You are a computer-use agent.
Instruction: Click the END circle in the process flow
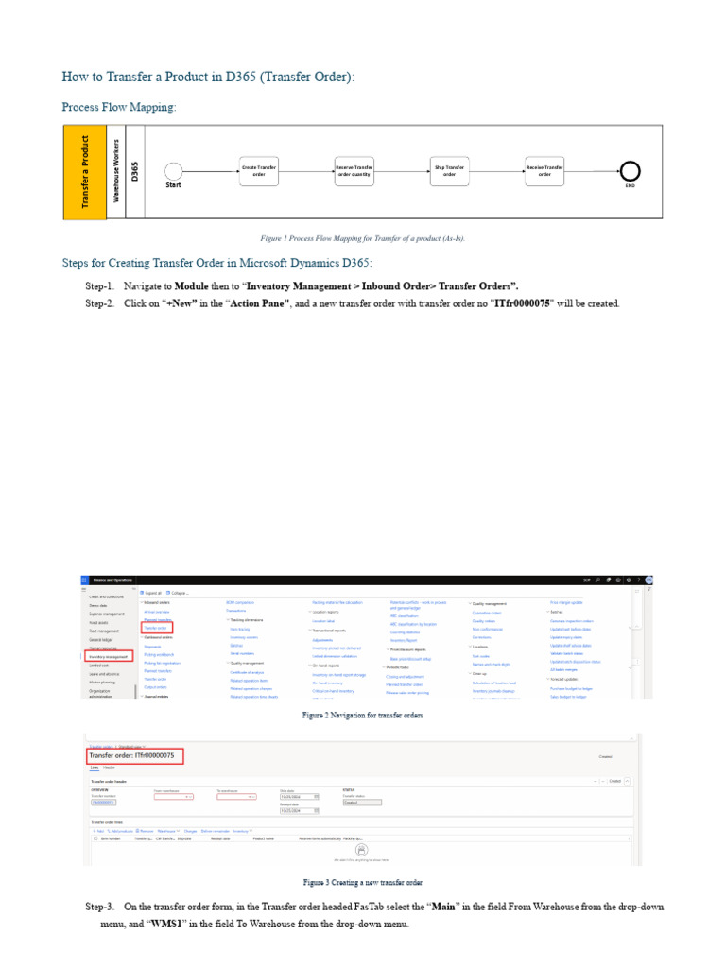click(630, 170)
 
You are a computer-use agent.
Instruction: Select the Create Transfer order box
click(259, 170)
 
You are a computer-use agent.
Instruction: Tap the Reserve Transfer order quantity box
click(354, 170)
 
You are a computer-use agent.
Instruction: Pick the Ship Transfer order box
click(449, 170)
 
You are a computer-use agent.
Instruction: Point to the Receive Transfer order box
click(544, 170)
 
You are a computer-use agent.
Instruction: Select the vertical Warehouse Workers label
click(116, 171)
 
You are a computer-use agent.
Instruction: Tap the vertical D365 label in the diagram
click(135, 171)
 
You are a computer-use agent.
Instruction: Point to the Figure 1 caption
click(363, 238)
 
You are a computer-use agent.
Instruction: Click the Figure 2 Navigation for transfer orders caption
click(363, 716)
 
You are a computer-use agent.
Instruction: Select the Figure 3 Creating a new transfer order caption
click(363, 882)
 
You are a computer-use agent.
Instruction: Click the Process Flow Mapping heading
click(119, 107)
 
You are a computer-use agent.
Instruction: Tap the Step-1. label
click(100, 285)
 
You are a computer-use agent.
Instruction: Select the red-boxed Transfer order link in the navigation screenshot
click(156, 627)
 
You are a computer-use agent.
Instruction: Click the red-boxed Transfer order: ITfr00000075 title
click(134, 756)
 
